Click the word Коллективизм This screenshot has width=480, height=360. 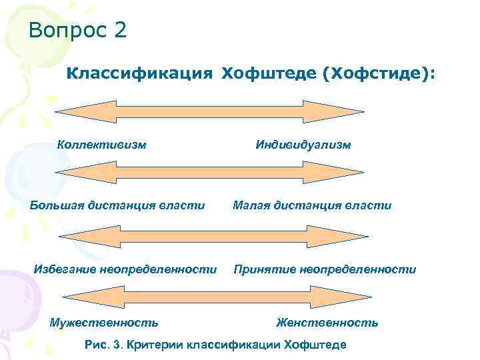coord(102,144)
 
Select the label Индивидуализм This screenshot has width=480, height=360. coord(303,144)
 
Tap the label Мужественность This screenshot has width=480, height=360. coord(104,323)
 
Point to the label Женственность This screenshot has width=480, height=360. coord(327,323)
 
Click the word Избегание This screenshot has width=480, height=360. coord(65,269)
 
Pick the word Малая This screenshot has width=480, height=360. coord(251,205)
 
